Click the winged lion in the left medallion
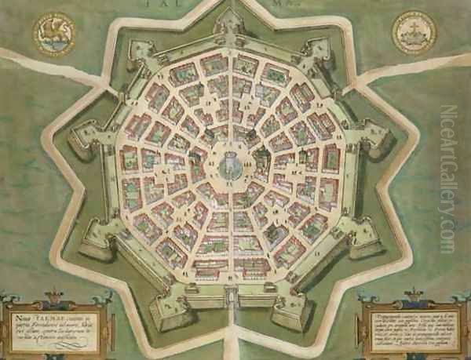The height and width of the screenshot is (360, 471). (54, 34)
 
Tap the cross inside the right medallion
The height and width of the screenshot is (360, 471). (414, 31)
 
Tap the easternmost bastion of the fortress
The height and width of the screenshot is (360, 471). (377, 141)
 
